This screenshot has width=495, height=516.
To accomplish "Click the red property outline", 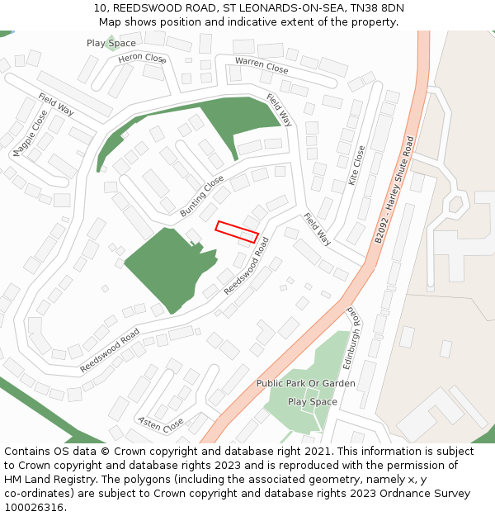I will pyautogui.click(x=237, y=231).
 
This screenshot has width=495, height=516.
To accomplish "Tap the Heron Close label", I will pyautogui.click(x=142, y=58).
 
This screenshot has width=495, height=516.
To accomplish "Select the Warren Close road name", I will pyautogui.click(x=262, y=65).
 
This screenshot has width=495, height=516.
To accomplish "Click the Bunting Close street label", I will pyautogui.click(x=202, y=196).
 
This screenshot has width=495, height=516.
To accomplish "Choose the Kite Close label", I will pyautogui.click(x=357, y=165).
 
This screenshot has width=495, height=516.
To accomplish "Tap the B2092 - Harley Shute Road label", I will pyautogui.click(x=394, y=189).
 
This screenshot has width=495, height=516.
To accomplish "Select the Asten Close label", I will pyautogui.click(x=161, y=424).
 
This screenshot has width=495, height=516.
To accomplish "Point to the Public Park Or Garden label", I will pyautogui.click(x=305, y=383).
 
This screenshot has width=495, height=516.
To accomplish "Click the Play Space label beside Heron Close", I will pyautogui.click(x=111, y=43).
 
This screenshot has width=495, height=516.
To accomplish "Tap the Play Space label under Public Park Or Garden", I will pyautogui.click(x=312, y=401).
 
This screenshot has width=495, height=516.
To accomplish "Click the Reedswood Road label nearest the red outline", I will pyautogui.click(x=246, y=267).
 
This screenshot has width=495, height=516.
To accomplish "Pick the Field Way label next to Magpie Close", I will pyautogui.click(x=56, y=104).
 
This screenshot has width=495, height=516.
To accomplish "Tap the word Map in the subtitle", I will pyautogui.click(x=112, y=21).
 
